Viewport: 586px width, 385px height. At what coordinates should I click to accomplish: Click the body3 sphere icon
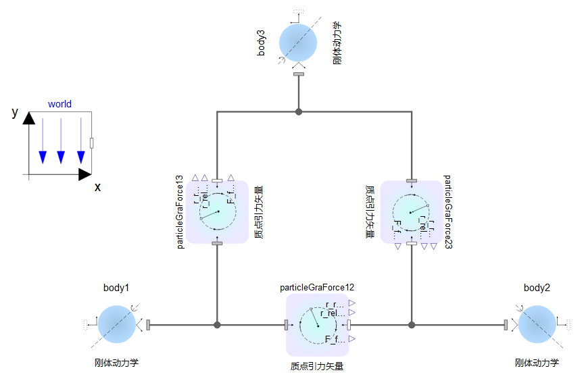298,42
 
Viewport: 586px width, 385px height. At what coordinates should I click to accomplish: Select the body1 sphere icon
116,324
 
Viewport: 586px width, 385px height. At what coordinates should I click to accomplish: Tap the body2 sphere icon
537,324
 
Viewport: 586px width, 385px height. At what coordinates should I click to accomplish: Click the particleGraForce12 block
317,325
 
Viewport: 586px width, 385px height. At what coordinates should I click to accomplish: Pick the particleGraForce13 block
218,212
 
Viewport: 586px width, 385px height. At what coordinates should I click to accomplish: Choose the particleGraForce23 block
411,212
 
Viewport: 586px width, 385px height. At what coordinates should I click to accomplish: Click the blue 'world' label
59,104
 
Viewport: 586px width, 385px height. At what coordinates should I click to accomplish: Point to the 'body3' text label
262,42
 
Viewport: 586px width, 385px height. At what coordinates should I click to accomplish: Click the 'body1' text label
116,288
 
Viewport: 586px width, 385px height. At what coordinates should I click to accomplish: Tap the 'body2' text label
537,288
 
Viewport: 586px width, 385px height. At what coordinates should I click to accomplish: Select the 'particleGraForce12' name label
317,288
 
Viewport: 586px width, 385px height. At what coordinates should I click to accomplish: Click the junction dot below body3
298,111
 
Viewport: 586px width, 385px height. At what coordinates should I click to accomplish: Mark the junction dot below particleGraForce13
217,325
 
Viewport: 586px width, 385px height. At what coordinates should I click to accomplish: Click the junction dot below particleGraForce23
411,325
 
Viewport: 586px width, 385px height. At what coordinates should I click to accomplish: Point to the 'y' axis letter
15,112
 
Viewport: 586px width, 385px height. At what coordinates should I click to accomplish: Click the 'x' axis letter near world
98,187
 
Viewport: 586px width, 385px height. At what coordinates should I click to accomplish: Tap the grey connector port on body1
148,325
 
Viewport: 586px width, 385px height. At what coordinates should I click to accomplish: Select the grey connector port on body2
506,325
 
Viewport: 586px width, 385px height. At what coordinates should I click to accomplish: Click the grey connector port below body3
298,73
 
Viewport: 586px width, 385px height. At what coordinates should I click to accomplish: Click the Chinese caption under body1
117,363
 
